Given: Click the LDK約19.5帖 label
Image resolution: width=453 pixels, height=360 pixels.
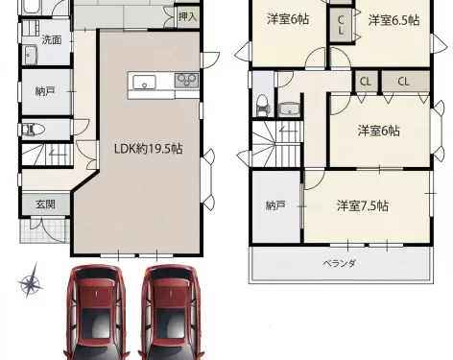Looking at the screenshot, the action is pos(149,149).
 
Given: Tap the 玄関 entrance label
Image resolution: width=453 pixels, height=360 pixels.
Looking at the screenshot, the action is pos(45,204).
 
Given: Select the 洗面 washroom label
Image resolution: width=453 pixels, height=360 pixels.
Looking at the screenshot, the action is pos(52,40).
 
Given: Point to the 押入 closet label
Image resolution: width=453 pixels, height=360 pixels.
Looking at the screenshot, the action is pos(187,16).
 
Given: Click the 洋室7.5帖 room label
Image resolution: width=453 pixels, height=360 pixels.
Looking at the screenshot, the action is pos(363,205).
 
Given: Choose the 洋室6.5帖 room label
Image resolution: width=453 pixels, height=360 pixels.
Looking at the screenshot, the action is pos(393,20).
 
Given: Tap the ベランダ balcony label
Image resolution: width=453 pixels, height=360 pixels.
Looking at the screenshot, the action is pos(340,264).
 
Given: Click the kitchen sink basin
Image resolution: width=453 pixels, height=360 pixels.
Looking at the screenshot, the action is pos(144,82).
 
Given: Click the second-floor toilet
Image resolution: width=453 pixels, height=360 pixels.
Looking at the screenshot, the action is pos(262,106).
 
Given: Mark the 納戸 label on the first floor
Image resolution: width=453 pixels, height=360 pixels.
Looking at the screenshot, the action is pos(45,92).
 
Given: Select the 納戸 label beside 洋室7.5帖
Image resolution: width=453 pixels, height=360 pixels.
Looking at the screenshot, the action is pos(275,205).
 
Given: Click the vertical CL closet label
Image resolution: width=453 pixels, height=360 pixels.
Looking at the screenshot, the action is pos(341,25).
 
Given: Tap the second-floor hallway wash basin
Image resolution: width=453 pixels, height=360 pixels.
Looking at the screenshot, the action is pos(289,109).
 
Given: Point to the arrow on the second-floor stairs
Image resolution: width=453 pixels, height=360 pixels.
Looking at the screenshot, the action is pos(289,131).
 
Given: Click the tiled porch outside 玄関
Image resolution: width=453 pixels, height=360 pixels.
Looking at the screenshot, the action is pos(44,229).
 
